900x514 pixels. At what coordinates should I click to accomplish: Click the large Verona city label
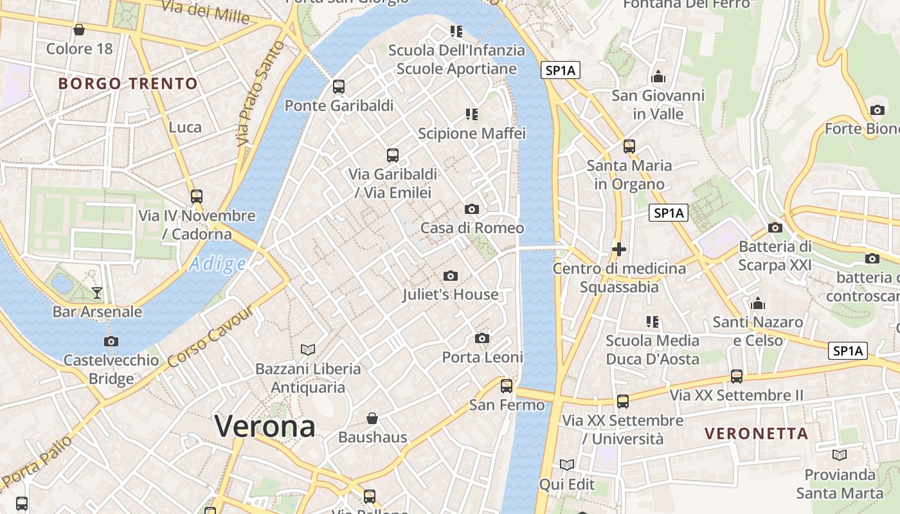coord(265,426)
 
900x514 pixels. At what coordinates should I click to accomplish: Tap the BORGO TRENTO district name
coord(128,84)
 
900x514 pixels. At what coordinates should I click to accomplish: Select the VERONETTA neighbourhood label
coord(756,434)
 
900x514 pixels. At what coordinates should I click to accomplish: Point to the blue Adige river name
coord(218,264)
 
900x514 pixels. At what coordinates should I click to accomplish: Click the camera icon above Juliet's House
coord(451,276)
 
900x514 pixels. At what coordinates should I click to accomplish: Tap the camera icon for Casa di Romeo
coord(472,209)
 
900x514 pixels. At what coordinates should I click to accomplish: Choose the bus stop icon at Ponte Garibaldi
coord(339,86)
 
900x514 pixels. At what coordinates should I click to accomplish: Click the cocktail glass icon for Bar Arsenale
coord(97,293)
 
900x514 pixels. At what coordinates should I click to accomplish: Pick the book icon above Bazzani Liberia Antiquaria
coord(308,350)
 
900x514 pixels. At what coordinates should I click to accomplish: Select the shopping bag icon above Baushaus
coord(372,418)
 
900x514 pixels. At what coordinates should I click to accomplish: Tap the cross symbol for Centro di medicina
coord(619,249)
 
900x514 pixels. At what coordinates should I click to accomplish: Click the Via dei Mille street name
coord(205,11)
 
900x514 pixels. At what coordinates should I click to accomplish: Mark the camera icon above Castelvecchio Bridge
coord(111,341)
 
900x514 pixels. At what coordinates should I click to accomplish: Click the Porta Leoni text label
coord(482,357)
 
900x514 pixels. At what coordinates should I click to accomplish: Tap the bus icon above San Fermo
coord(507,385)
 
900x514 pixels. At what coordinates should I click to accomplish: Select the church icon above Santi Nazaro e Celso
coord(758,303)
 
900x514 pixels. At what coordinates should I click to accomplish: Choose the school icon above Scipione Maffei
coord(472,114)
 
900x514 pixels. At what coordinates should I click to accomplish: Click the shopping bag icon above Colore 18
coord(79,30)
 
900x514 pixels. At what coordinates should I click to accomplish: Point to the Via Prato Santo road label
coord(260,93)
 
